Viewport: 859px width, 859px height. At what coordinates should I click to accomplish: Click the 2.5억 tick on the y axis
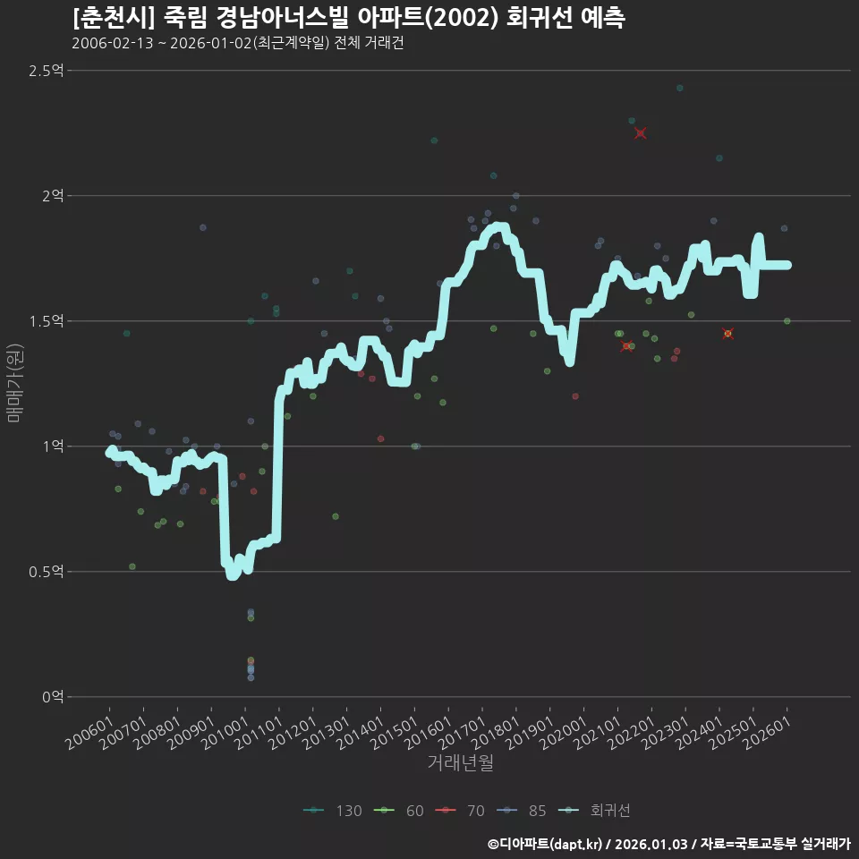[x=46, y=71]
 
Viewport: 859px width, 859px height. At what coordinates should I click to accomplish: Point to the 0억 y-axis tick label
[x=53, y=697]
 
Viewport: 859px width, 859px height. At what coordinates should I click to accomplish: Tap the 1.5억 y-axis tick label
[x=46, y=321]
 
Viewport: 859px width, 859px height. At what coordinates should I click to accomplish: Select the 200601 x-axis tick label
[x=89, y=733]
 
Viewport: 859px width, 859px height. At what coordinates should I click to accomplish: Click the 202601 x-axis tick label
[x=767, y=733]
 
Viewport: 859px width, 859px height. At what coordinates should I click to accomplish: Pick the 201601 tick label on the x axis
[x=428, y=733]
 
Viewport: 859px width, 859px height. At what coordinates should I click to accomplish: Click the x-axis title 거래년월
[x=460, y=762]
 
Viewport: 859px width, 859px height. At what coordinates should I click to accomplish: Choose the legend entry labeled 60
[x=399, y=811]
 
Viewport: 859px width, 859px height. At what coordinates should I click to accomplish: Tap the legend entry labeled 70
[x=460, y=811]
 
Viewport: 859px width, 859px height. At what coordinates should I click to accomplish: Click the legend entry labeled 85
[x=522, y=811]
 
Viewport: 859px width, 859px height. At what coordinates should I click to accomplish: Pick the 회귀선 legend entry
[x=594, y=811]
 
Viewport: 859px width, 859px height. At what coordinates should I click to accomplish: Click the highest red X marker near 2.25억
[x=640, y=133]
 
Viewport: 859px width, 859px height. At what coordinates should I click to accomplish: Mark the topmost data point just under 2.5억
[x=680, y=89]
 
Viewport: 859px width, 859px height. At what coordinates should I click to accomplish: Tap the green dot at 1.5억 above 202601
[x=787, y=321]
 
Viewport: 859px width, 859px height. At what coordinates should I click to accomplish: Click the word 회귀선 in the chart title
[x=539, y=18]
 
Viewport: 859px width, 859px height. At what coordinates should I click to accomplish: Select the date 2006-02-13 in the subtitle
[x=113, y=43]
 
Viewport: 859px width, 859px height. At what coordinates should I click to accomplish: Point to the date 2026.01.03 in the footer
[x=651, y=844]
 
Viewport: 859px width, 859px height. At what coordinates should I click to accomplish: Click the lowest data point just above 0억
[x=251, y=677]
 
